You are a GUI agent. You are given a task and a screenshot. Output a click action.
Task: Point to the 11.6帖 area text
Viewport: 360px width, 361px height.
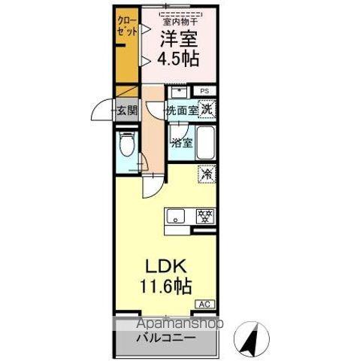pyautogui.click(x=165, y=287)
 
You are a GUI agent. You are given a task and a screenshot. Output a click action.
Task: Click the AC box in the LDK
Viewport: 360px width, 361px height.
pyautogui.click(x=204, y=303)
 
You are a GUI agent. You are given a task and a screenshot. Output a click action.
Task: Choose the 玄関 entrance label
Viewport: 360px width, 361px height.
pyautogui.click(x=126, y=111)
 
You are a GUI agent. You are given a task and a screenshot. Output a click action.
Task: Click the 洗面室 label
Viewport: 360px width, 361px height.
pyautogui.click(x=182, y=110)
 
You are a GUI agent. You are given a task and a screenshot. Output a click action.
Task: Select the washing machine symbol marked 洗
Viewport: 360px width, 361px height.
pyautogui.click(x=207, y=109)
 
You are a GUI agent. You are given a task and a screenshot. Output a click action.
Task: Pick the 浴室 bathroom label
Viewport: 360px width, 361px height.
pyautogui.click(x=181, y=142)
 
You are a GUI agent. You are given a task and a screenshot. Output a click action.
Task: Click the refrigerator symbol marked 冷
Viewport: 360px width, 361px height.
pyautogui.click(x=206, y=174)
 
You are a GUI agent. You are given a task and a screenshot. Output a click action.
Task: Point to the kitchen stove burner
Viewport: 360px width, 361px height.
pyautogui.click(x=203, y=215)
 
